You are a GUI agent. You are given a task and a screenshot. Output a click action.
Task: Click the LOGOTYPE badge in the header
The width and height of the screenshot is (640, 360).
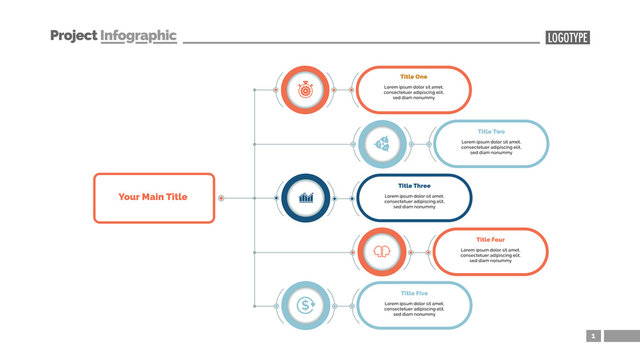tap(567, 38)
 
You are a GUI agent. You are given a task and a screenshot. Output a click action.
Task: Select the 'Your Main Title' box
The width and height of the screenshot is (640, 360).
tap(152, 197)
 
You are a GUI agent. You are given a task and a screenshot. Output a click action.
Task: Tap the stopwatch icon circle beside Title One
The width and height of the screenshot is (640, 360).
tap(304, 90)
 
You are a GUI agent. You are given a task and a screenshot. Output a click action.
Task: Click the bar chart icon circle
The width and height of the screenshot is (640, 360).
tap(304, 198)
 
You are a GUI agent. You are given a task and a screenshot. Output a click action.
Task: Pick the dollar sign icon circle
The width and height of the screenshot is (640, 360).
tap(304, 305)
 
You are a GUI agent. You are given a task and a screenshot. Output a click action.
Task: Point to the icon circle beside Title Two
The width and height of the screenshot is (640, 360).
tap(381, 144)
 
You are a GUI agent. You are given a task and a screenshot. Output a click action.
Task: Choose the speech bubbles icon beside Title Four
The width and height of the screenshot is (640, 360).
tap(381, 252)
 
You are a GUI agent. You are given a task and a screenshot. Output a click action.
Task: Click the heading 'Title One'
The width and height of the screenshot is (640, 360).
tap(413, 77)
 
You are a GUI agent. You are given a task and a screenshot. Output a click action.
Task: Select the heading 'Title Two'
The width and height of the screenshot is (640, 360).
tap(491, 131)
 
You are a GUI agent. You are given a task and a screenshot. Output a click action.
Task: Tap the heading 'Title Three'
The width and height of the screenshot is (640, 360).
tap(414, 185)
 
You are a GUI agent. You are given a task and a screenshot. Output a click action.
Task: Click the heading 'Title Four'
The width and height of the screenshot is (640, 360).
tap(491, 239)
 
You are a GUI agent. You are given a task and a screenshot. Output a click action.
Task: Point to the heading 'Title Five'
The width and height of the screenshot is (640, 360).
tap(414, 293)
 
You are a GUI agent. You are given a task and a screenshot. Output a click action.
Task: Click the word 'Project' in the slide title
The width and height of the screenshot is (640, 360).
tap(74, 35)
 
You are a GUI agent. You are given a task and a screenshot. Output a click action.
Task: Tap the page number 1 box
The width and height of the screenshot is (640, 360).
tap(593, 336)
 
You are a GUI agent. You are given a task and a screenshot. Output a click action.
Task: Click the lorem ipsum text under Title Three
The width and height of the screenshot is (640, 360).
tap(414, 201)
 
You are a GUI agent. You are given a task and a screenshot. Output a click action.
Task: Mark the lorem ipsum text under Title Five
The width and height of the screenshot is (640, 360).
tap(414, 309)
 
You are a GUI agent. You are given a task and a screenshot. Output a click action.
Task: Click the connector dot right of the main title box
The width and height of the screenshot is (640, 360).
tap(221, 198)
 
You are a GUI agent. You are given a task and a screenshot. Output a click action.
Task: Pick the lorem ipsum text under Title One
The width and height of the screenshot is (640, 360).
tap(414, 93)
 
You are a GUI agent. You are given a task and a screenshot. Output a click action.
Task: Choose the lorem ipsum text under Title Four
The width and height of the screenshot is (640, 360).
tap(491, 255)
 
